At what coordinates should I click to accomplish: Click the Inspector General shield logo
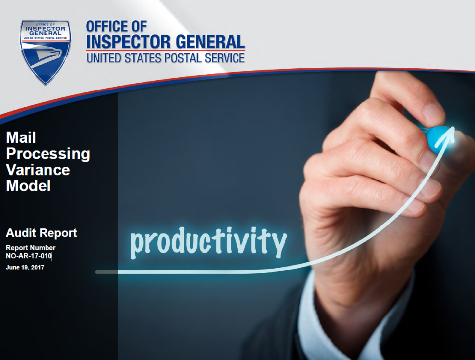(46, 52)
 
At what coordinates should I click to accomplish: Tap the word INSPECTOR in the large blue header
(129, 42)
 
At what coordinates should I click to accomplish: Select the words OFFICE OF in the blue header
(117, 26)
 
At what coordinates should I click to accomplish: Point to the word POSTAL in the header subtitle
(183, 58)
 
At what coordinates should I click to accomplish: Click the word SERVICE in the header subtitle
(225, 58)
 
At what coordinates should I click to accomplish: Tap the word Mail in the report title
(21, 137)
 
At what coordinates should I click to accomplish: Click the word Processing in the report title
(48, 154)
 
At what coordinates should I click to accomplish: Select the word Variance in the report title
(38, 170)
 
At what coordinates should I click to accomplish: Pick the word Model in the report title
(29, 186)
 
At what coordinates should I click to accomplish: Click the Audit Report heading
(42, 233)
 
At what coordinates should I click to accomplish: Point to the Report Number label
(31, 248)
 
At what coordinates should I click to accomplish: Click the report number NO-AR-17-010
(29, 256)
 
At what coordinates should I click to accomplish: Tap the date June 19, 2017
(25, 268)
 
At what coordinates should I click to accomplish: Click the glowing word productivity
(209, 242)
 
